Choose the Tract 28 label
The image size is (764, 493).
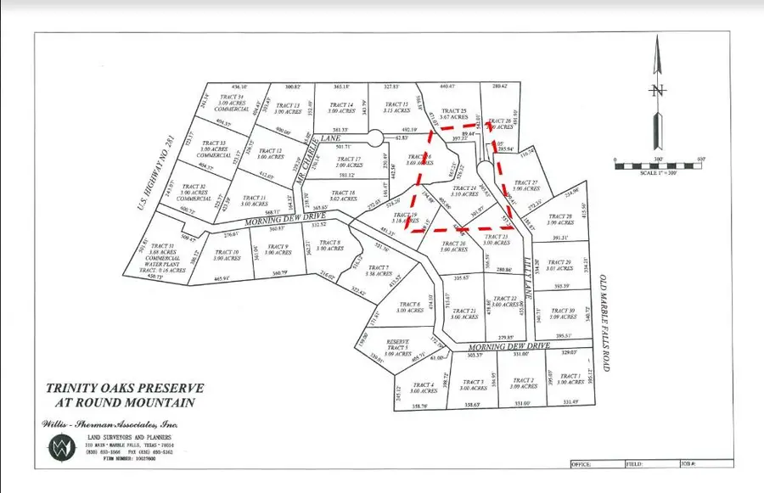click(x=561, y=220)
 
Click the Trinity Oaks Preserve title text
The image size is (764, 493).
click(x=124, y=395)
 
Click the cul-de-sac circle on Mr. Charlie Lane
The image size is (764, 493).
click(x=374, y=137)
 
